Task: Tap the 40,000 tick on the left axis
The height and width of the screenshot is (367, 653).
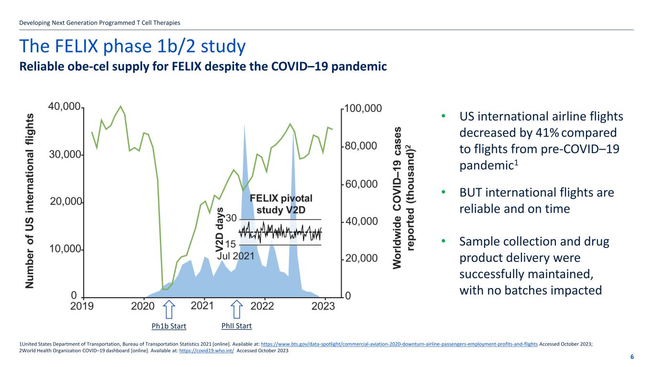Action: coord(64,108)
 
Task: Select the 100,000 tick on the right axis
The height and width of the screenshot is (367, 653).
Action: coord(364,108)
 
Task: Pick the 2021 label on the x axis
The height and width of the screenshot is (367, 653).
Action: coord(202,305)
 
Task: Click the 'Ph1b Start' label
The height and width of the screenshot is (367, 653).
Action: coord(168,326)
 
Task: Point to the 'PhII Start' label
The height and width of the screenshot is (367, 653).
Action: coord(237,326)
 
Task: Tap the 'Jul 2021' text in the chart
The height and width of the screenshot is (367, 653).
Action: coord(236,256)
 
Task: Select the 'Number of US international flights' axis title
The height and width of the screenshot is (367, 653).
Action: coord(30,201)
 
